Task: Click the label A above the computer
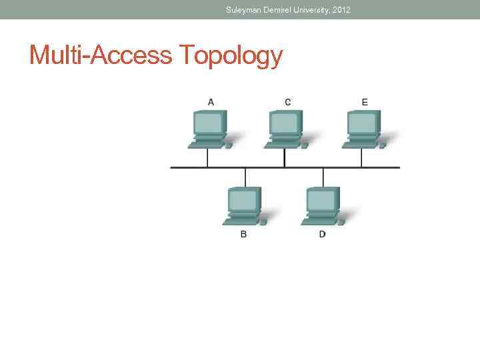[211, 102]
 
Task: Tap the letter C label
[287, 102]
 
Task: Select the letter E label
[365, 102]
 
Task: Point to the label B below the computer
[243, 235]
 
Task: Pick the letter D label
[322, 235]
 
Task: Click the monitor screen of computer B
[242, 199]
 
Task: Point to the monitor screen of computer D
[321, 199]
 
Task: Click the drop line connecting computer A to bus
[207, 158]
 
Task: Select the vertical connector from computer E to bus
[361, 158]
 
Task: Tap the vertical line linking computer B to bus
[245, 177]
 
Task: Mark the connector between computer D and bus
[323, 177]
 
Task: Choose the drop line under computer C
[285, 158]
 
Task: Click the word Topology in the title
[231, 56]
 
